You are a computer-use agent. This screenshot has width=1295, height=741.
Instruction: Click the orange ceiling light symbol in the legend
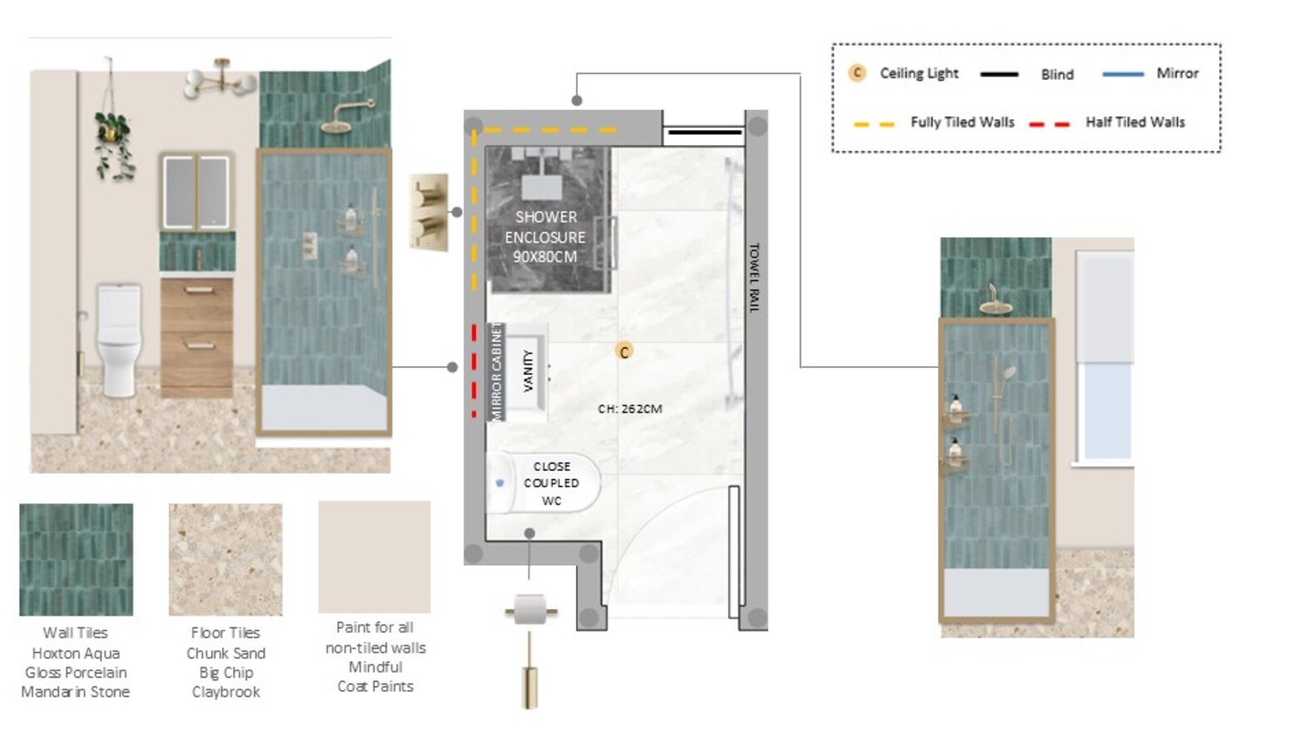tap(856, 73)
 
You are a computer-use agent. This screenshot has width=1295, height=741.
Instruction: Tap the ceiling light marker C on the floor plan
tap(624, 351)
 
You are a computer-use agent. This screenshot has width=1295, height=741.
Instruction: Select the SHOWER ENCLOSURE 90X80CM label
tap(545, 236)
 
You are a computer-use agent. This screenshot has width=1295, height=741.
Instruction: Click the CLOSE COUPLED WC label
tap(552, 484)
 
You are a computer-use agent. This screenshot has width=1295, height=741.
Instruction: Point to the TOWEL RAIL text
tap(754, 277)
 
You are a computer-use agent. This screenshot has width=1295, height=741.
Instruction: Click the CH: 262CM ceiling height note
tap(630, 409)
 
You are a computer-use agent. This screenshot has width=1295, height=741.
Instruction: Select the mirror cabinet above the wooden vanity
tap(196, 191)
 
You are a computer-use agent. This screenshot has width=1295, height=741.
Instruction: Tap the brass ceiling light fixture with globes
tap(221, 81)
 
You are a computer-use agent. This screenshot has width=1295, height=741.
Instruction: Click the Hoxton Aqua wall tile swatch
tap(77, 559)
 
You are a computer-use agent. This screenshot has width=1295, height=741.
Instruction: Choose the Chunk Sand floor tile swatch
tap(226, 559)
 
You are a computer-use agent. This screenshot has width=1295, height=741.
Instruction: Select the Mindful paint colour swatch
tap(375, 556)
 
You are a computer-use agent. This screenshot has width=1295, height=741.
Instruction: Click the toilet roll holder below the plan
tap(531, 609)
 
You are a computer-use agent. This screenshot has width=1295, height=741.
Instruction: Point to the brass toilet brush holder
tap(529, 671)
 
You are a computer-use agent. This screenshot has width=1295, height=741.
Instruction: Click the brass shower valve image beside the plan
tap(429, 211)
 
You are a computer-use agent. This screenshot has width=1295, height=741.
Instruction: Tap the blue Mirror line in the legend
tap(1123, 74)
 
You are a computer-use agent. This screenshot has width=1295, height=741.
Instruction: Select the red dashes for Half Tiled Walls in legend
tap(1049, 124)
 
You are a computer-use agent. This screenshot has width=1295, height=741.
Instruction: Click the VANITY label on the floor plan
tap(528, 370)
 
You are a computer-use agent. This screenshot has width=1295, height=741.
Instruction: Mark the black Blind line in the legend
tap(999, 74)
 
